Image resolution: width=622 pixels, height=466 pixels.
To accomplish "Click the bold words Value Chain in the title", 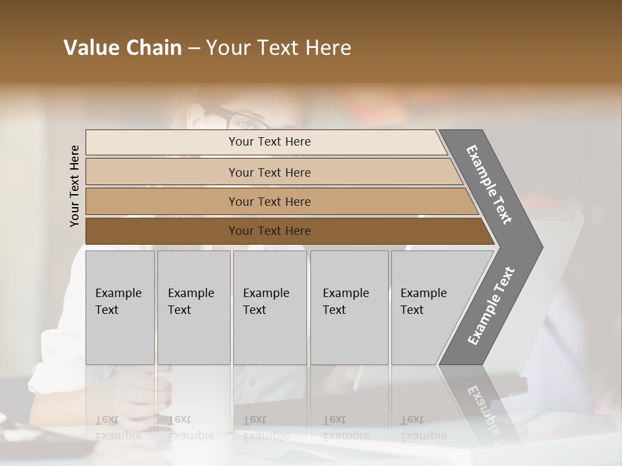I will point(122,48).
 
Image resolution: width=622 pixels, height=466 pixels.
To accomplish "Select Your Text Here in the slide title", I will point(279,48).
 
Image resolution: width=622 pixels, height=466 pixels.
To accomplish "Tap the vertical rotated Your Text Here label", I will point(75,186).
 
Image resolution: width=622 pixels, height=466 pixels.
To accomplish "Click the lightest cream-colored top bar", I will point(270,142).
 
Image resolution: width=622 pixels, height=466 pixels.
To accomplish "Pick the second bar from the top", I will point(270,172).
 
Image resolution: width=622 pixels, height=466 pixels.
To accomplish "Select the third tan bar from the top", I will point(270,201).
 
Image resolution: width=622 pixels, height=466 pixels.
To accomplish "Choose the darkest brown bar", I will point(270,231).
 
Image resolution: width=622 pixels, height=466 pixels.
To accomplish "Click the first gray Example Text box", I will point(120,307).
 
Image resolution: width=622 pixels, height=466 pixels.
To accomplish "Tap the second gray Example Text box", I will point(194,307).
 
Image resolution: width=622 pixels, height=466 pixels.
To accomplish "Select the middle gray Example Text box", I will point(270,307).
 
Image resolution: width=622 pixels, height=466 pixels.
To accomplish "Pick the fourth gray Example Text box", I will point(349,307).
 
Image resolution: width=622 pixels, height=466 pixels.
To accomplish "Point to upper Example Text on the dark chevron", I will point(489,184).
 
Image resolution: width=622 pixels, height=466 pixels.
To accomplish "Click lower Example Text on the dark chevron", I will point(491,305).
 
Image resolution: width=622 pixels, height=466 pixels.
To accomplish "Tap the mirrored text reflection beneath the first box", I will point(119,427).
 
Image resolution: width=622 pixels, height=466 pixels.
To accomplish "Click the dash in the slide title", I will point(194,49).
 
